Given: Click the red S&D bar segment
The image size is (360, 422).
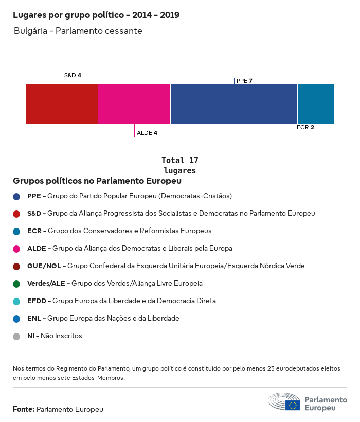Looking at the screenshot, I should pyautogui.click(x=62, y=104).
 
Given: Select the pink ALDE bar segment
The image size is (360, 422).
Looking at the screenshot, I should pyautogui.click(x=134, y=104).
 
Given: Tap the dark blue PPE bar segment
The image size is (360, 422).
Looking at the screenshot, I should pyautogui.click(x=234, y=104).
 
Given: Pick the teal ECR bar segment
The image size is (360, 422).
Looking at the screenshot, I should pyautogui.click(x=316, y=104).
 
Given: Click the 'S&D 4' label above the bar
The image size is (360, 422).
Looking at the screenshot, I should pyautogui.click(x=73, y=75).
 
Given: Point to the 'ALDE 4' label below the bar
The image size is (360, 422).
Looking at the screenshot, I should pyautogui.click(x=147, y=133).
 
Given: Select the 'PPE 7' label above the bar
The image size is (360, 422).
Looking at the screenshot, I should pyautogui.click(x=244, y=81).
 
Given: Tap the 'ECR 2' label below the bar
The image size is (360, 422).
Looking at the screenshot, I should pyautogui.click(x=305, y=127).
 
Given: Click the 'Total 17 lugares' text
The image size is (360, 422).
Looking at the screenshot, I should pyautogui.click(x=179, y=165).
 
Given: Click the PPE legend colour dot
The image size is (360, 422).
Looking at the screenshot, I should pyautogui.click(x=16, y=196).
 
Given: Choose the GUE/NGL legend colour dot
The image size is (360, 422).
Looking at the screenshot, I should pyautogui.click(x=16, y=266).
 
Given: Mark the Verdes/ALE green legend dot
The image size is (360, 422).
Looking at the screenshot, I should pyautogui.click(x=16, y=284).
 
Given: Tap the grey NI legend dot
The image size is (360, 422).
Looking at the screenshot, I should pyautogui.click(x=16, y=336).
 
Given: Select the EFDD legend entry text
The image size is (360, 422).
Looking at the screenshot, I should pyautogui.click(x=121, y=301).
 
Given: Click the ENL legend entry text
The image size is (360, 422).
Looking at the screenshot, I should pyautogui.click(x=103, y=318).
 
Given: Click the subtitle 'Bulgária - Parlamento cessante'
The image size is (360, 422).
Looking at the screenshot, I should pyautogui.click(x=78, y=31).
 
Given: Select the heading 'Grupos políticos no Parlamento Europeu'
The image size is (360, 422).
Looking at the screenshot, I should pyautogui.click(x=97, y=181).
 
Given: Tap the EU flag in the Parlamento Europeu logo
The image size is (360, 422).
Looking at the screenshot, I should pyautogui.click(x=293, y=405).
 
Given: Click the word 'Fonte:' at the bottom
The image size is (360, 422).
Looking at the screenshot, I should pyautogui.click(x=24, y=409).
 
